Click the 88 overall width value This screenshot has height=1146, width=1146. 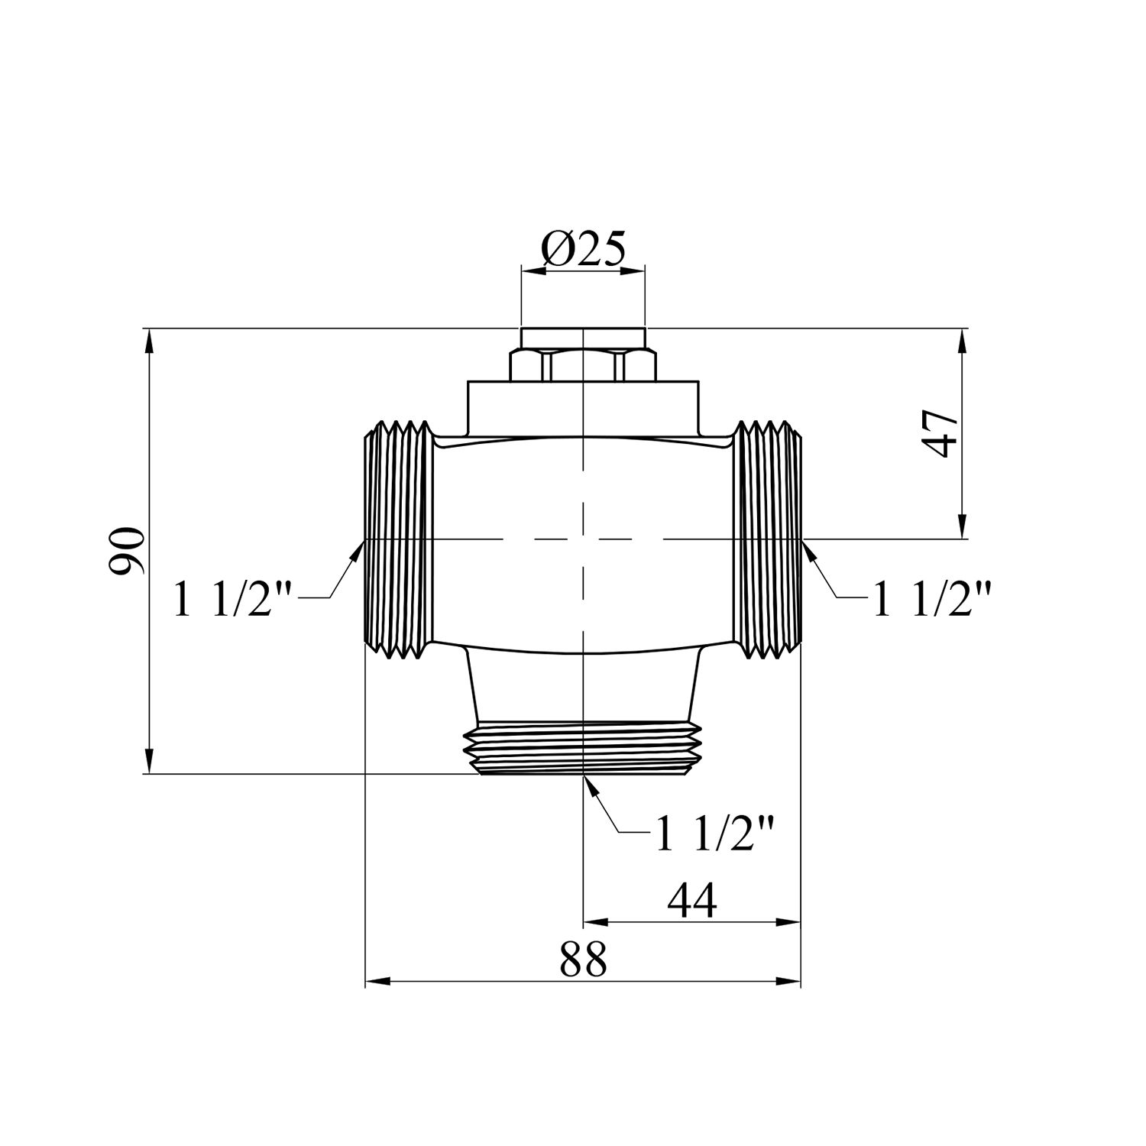[x=583, y=960]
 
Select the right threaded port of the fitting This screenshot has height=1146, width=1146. [x=768, y=539]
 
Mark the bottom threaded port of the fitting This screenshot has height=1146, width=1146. [x=583, y=747]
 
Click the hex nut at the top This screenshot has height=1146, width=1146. [x=583, y=364]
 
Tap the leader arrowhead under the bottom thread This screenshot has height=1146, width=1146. [x=591, y=787]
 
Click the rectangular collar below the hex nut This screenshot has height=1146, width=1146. [x=583, y=406]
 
